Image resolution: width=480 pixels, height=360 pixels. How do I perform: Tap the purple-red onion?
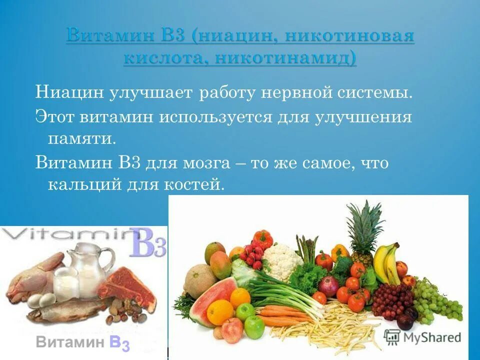(328, 286)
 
